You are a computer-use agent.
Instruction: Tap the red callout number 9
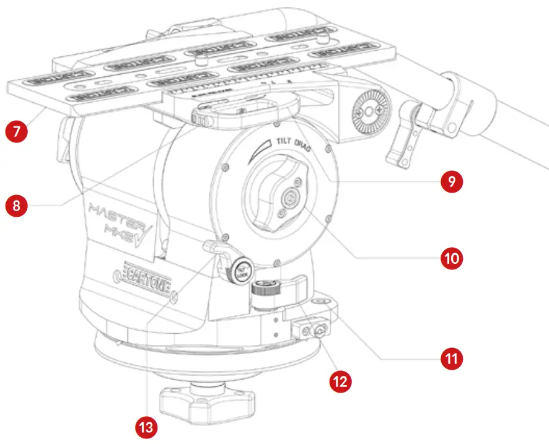451,181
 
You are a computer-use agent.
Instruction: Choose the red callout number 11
452,357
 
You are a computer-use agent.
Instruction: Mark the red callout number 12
340,380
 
